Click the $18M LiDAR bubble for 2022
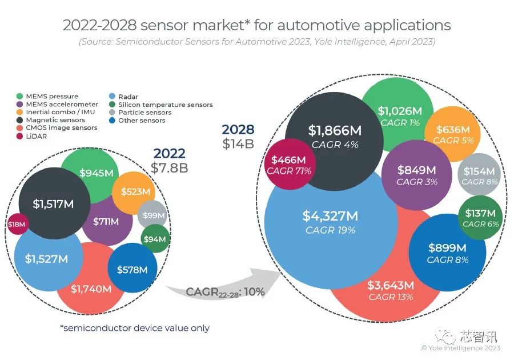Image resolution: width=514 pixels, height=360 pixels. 17,224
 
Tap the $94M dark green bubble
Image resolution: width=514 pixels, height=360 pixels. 155,239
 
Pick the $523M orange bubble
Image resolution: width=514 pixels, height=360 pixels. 134,192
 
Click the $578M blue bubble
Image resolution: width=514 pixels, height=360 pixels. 132,269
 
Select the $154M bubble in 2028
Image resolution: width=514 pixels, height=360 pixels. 480,175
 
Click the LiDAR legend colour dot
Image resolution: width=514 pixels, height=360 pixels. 21,137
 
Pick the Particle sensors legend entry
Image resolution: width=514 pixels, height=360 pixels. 140,113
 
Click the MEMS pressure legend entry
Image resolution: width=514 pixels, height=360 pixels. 51,97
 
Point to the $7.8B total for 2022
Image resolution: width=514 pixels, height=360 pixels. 169,167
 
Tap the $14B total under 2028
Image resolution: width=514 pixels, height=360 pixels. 238,143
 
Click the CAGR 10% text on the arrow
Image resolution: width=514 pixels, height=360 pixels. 225,292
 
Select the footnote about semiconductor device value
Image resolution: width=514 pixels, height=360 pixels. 135,328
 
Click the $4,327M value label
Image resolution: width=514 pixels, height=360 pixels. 330,217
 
